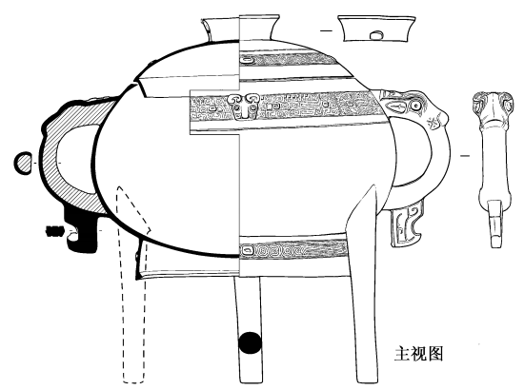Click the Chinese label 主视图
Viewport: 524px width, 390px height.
point(418,354)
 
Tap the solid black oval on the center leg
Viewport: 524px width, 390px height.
point(250,342)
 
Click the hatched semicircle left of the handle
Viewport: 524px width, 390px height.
point(24,163)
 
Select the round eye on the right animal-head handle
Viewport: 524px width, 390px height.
point(415,106)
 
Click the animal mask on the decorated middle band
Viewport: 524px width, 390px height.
point(244,107)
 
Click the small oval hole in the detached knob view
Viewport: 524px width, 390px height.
point(376,34)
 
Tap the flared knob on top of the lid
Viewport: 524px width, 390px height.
point(241,28)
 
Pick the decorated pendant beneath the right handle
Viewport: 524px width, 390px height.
point(406,226)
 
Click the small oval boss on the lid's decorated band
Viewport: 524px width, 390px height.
point(248,60)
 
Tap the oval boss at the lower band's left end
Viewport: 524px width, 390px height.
point(248,249)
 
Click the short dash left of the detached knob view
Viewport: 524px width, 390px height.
point(327,30)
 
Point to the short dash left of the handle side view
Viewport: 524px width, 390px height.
point(465,155)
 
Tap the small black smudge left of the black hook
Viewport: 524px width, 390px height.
point(54,231)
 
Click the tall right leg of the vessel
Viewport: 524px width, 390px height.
point(363,283)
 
